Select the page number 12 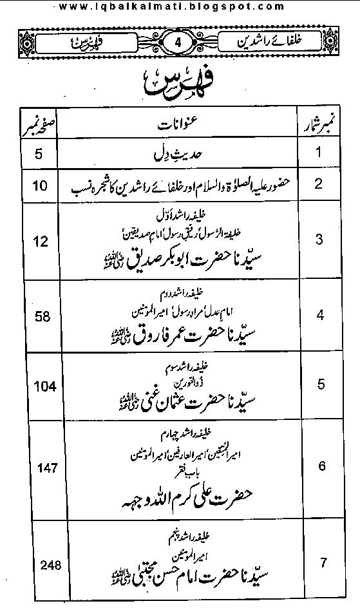24,242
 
